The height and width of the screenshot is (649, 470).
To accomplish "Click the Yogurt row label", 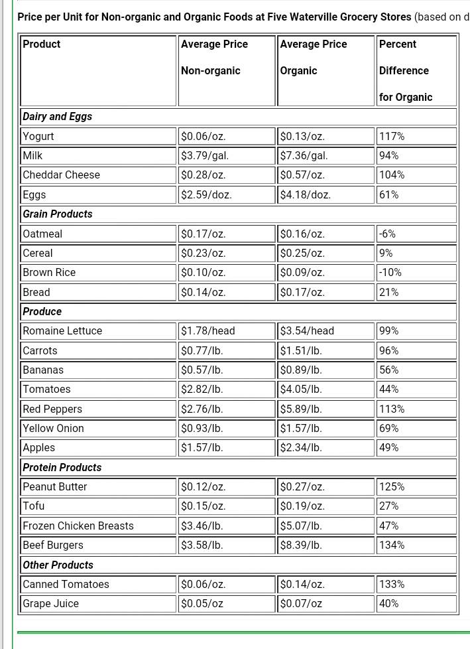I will [x=38, y=136].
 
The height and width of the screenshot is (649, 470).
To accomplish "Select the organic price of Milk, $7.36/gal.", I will [x=304, y=156].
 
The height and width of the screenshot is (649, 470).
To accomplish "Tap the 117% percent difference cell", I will [x=392, y=136].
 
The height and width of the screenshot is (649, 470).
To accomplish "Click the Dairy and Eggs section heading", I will [x=58, y=117].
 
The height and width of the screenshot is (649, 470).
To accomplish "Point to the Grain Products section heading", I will [x=58, y=214].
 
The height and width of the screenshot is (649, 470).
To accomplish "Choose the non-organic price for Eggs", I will [x=206, y=195].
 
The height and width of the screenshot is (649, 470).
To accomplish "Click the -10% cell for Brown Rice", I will [x=390, y=273].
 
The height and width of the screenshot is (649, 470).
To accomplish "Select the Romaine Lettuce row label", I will [x=62, y=331].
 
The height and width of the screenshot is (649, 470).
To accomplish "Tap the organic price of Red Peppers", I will [x=301, y=409].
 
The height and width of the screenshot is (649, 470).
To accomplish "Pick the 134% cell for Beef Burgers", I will [x=392, y=545].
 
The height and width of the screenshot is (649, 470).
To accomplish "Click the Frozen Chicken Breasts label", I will [x=78, y=526].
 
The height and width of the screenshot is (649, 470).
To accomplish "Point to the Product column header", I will [x=41, y=44].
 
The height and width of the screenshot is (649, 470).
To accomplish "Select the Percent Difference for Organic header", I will [x=404, y=70].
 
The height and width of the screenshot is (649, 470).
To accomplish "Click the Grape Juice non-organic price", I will [x=203, y=604].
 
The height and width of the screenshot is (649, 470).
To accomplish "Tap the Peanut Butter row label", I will [x=55, y=487].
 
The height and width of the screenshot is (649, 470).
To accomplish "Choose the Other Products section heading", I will [x=58, y=565].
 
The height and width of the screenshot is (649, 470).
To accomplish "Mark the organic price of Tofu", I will [x=302, y=506].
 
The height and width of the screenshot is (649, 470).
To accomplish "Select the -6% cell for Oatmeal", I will [x=387, y=234].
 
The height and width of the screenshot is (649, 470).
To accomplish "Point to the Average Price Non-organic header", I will [x=214, y=57].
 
